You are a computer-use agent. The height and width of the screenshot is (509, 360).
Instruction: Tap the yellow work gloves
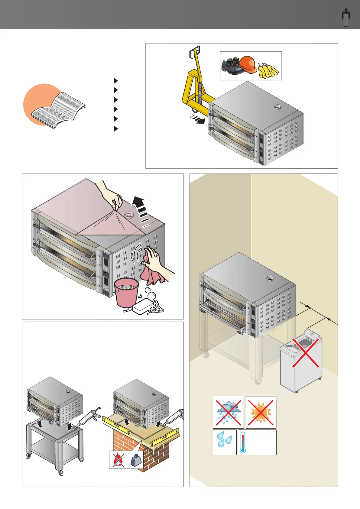pyautogui.click(x=268, y=70)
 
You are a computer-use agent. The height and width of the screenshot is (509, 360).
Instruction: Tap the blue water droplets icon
pyautogui.click(x=225, y=442)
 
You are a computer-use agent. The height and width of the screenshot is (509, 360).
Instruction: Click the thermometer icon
pyautogui.click(x=243, y=442)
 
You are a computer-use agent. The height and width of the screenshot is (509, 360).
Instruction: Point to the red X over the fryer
pyautogui.click(x=306, y=353)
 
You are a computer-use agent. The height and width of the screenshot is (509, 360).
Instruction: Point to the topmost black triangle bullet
pyautogui.click(x=116, y=81)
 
